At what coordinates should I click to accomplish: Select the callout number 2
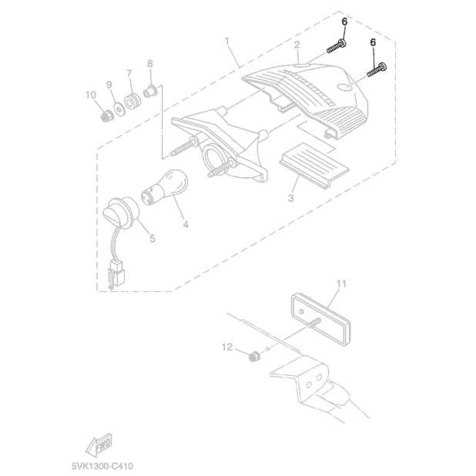pyautogui.click(x=297, y=45)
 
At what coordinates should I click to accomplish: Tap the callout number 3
pyautogui.click(x=292, y=198)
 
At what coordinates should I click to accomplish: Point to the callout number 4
pyautogui.click(x=186, y=225)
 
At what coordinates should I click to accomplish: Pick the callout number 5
pyautogui.click(x=152, y=238)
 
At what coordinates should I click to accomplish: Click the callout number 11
pyautogui.click(x=341, y=283)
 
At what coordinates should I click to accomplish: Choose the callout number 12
pyautogui.click(x=227, y=348)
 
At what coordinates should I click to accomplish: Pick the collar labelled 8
pyautogui.click(x=151, y=89)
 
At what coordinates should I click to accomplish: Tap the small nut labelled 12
pyautogui.click(x=251, y=356)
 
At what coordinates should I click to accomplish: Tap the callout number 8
pyautogui.click(x=149, y=63)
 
